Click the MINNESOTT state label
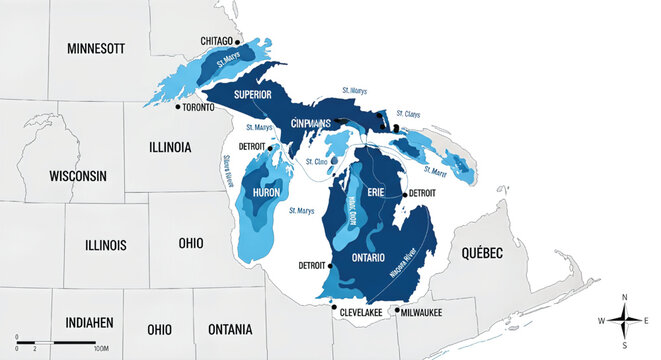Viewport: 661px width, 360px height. coord(95,48)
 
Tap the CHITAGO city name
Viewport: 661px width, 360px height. coord(217,40)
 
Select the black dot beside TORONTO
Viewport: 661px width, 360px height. coord(178,106)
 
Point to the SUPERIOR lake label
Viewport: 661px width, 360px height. coord(253,95)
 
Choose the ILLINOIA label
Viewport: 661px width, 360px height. coord(170,147)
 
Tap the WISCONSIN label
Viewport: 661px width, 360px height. coord(77,175)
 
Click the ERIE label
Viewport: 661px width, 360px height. coord(375,192)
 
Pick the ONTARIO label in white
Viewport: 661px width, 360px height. coord(375,258)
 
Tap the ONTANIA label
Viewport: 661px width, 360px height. coord(229,329)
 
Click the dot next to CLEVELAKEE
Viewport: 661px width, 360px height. coord(334,309)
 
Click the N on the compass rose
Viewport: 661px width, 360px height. coord(624,297)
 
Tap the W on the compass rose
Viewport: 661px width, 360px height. coord(602,321)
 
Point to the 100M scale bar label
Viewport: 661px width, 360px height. coord(100,350)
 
